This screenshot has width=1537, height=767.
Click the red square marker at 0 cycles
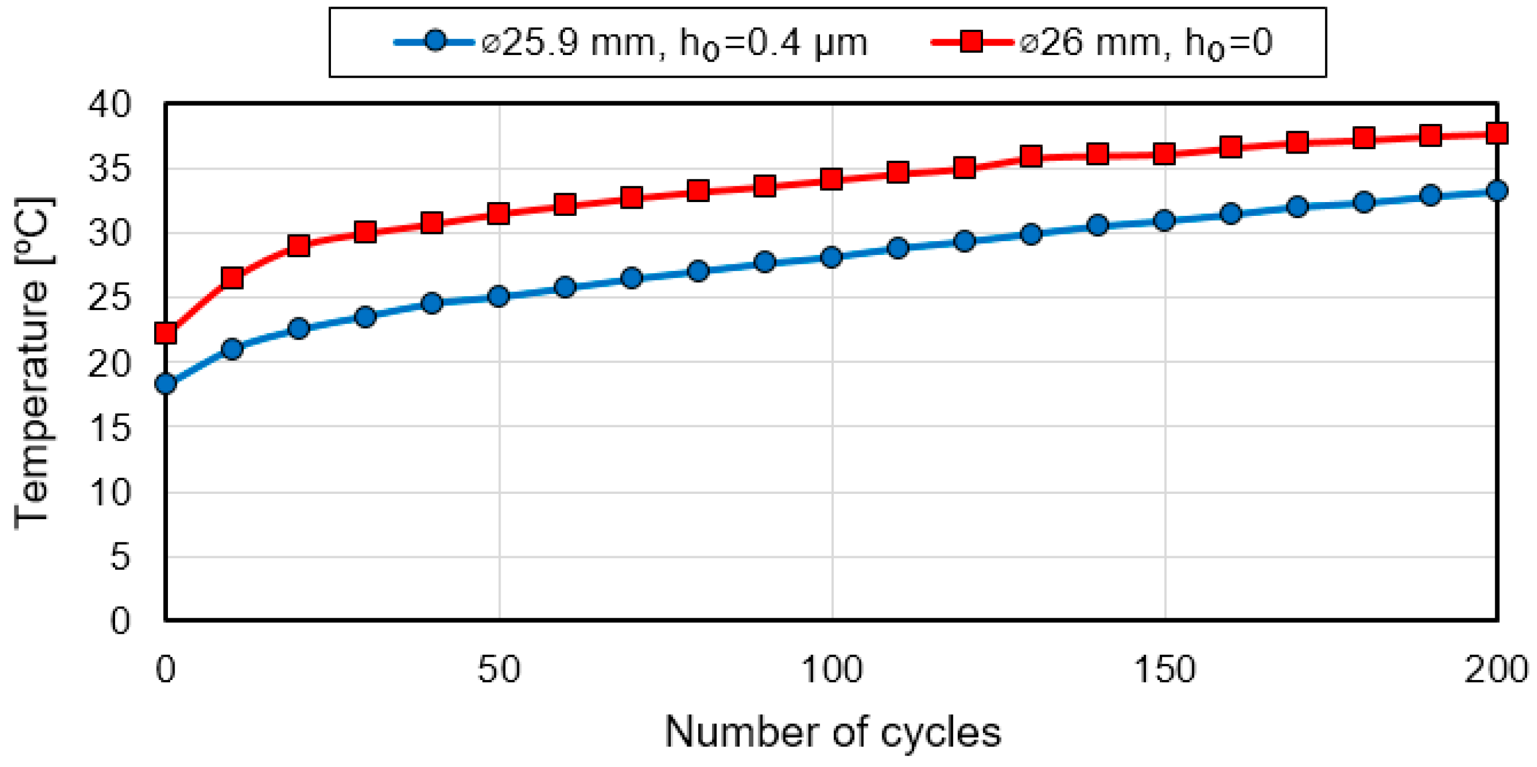(x=165, y=332)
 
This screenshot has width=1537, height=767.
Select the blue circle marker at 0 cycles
(x=165, y=383)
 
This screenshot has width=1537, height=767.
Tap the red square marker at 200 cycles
(x=1497, y=133)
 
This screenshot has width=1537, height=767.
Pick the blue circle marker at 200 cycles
(x=1497, y=191)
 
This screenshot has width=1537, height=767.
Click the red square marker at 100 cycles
(x=831, y=178)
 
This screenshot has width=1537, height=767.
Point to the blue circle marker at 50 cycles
(x=498, y=296)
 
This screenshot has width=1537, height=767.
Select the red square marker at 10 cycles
(x=232, y=278)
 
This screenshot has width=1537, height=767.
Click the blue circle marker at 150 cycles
(x=1164, y=221)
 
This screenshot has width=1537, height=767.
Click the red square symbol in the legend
(x=971, y=42)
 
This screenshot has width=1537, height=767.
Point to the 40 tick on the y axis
(x=109, y=105)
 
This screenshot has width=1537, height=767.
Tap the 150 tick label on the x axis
(x=1164, y=669)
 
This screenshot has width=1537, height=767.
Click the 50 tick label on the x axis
(x=498, y=669)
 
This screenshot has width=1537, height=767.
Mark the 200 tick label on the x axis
(x=1496, y=669)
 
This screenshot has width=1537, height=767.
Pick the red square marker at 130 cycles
(x=1031, y=156)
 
